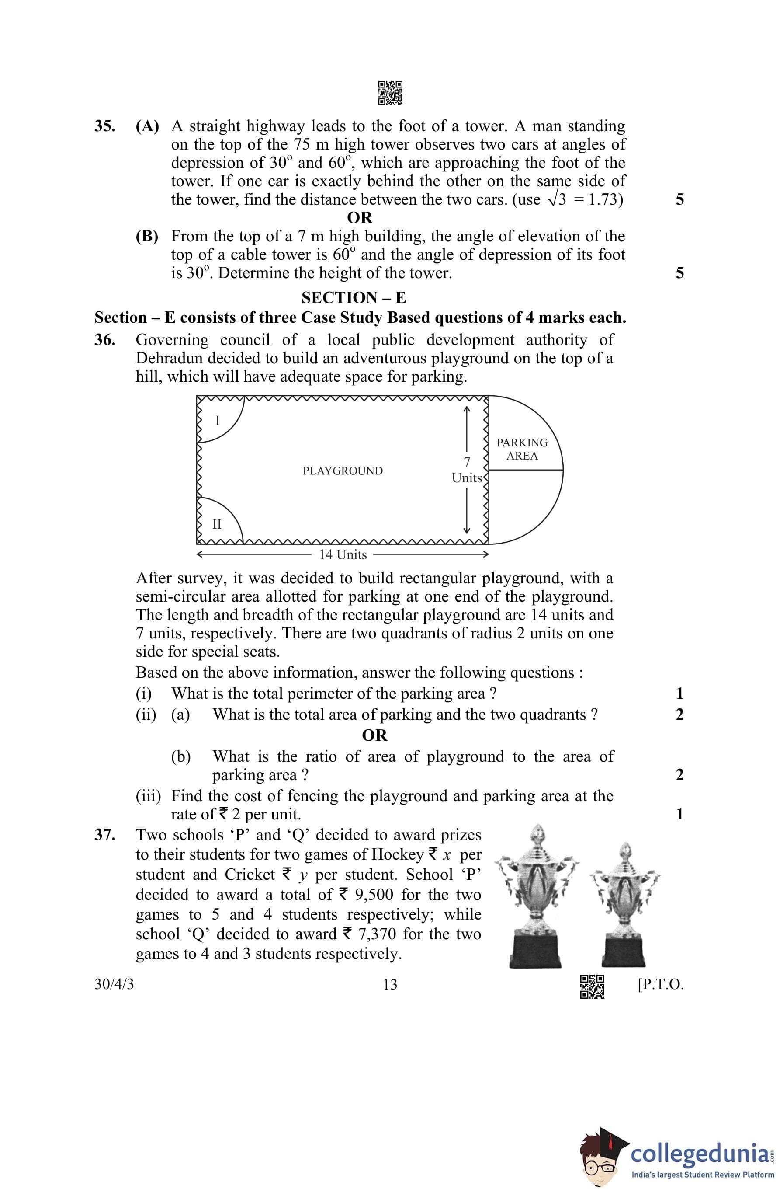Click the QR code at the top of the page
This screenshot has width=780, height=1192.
tap(390, 93)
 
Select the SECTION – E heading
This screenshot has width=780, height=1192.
tap(354, 297)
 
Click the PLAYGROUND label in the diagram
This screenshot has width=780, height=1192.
tap(343, 471)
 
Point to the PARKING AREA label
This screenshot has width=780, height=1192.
tap(522, 449)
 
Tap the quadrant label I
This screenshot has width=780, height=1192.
tap(217, 421)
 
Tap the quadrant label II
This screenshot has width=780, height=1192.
tap(217, 524)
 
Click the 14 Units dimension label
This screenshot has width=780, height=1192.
tap(343, 554)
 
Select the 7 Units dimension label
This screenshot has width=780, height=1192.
tap(467, 470)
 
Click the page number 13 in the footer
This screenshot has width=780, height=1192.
tap(390, 985)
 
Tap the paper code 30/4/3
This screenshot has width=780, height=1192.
tap(114, 985)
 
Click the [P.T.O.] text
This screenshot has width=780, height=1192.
tap(660, 985)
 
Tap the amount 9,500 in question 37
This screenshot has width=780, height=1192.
tap(374, 895)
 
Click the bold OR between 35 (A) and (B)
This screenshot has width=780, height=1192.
tap(360, 217)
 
